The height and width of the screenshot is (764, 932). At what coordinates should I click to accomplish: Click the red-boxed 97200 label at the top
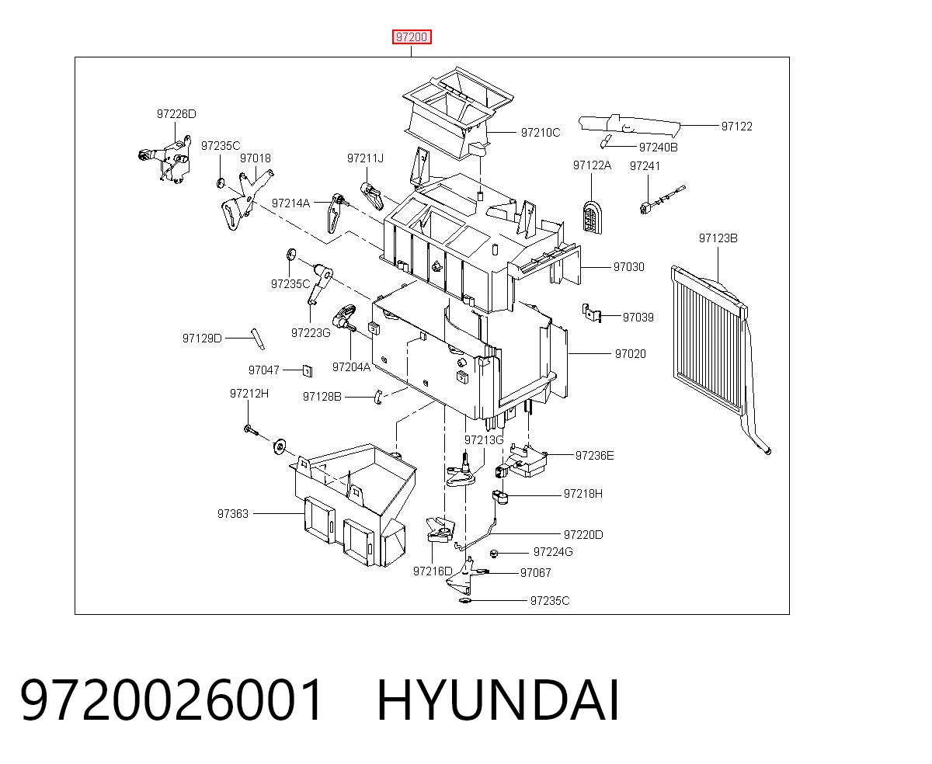pos(412,37)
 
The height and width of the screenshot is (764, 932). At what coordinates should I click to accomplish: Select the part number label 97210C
pos(540,133)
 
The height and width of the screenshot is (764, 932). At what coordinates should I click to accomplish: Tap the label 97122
pos(736,127)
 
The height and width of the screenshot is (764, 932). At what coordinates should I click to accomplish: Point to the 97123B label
pos(718,238)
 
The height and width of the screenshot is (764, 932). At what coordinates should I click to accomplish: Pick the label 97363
pos(233,514)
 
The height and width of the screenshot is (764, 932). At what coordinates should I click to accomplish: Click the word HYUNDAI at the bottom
pos(498,701)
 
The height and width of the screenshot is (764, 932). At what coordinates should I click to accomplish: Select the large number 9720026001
pos(172,701)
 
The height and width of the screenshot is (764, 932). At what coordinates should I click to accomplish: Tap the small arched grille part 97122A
pos(591,217)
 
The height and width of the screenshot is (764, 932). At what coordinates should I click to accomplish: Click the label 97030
pos(628,267)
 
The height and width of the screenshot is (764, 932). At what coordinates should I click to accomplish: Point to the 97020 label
pos(630,354)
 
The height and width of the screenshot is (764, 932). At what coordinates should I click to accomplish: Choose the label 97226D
pos(176,114)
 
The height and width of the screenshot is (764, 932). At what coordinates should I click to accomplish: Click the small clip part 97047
pos(307,370)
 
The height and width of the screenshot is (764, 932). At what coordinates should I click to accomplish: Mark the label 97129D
pos(202,339)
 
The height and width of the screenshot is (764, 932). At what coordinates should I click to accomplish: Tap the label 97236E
pos(594,456)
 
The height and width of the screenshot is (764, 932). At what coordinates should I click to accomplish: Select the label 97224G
pos(553,552)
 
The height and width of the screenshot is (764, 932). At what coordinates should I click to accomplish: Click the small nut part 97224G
pos(494,554)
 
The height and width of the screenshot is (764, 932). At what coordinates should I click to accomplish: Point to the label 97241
pos(645,166)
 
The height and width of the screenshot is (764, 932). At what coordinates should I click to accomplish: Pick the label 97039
pos(638,318)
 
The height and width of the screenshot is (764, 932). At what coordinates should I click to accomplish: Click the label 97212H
pos(249,394)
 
